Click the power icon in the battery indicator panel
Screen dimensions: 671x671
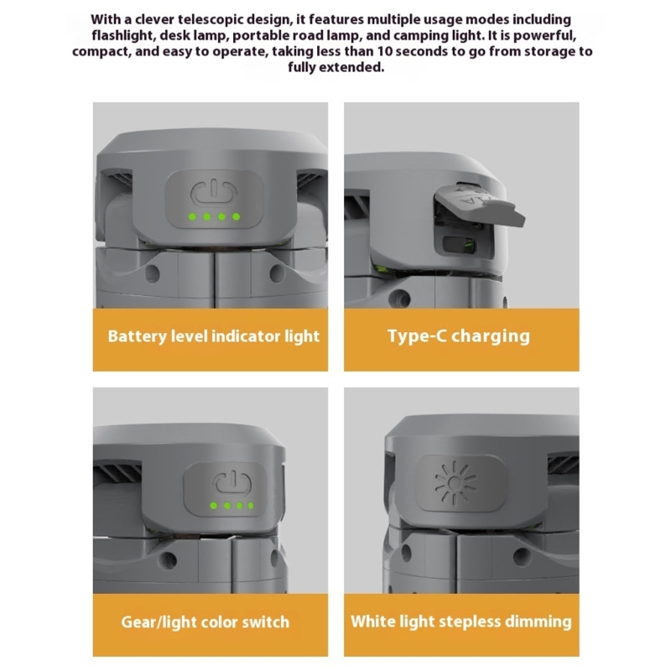coord(214,194)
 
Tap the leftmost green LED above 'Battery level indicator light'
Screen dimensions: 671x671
coord(193,217)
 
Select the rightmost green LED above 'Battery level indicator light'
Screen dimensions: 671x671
coord(237,217)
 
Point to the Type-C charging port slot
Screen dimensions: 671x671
coord(460,245)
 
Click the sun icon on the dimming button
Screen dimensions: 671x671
coord(455,483)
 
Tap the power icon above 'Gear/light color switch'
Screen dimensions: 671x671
coord(233,484)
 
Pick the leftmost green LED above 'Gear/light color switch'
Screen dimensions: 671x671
coord(214,506)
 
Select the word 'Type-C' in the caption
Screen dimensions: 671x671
coord(416,336)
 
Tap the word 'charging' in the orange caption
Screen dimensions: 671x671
coord(491,337)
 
